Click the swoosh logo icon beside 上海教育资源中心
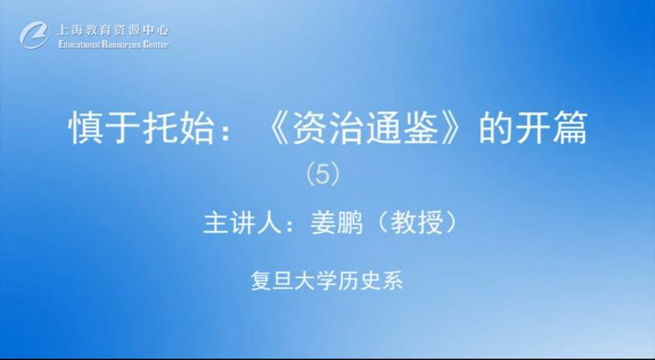click(x=35, y=35)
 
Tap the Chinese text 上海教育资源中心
click(x=113, y=30)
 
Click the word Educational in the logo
click(x=79, y=44)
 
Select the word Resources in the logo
click(x=121, y=44)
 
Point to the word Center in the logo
click(x=156, y=44)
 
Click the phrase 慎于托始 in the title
click(x=142, y=128)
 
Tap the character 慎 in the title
click(x=87, y=128)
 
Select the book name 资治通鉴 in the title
click(x=365, y=128)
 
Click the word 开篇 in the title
click(x=551, y=128)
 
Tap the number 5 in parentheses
click(x=323, y=174)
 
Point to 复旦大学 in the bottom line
click(x=289, y=281)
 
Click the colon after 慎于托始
click(x=226, y=133)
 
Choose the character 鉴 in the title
click(x=420, y=128)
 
